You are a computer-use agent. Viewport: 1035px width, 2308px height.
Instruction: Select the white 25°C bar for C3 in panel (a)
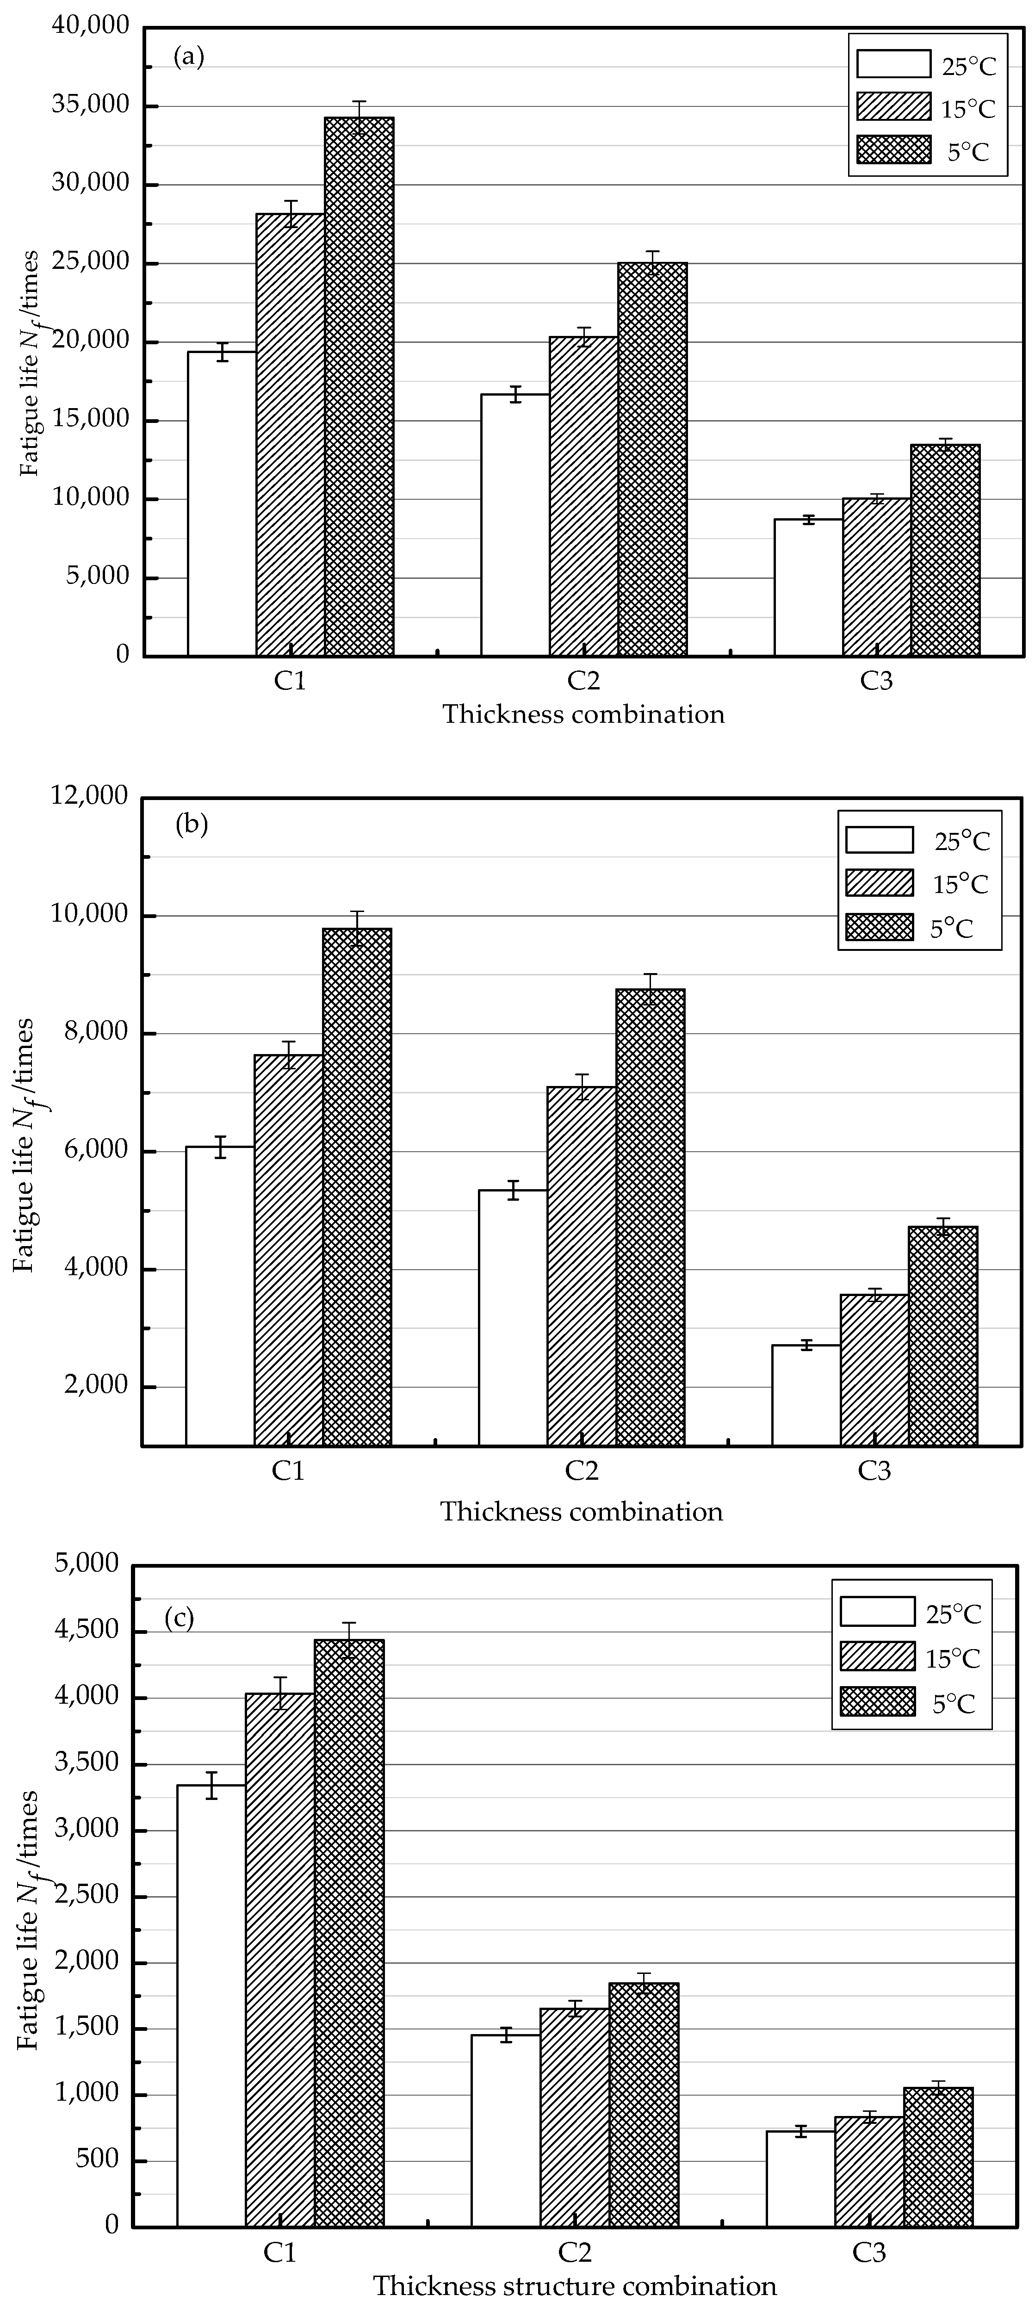(808, 587)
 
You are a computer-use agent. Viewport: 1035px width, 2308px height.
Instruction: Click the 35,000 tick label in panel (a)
(92, 105)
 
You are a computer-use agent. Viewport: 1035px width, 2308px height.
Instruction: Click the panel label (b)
(191, 823)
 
